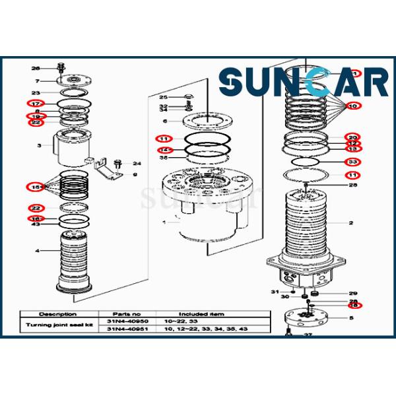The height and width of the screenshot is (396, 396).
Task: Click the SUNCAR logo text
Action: [304, 84]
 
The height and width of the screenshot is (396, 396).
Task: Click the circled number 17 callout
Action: [35, 104]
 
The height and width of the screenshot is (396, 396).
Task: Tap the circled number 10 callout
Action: [352, 106]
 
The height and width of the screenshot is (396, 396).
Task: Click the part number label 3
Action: [39, 145]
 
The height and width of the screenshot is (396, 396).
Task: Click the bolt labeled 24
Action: [118, 162]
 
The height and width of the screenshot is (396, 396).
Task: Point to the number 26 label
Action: [36, 68]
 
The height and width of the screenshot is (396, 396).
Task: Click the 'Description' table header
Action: [57, 314]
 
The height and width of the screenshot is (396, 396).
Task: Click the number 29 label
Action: [352, 293]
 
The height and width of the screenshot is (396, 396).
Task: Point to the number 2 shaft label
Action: [351, 223]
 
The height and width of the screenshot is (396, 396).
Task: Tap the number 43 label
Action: [36, 224]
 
